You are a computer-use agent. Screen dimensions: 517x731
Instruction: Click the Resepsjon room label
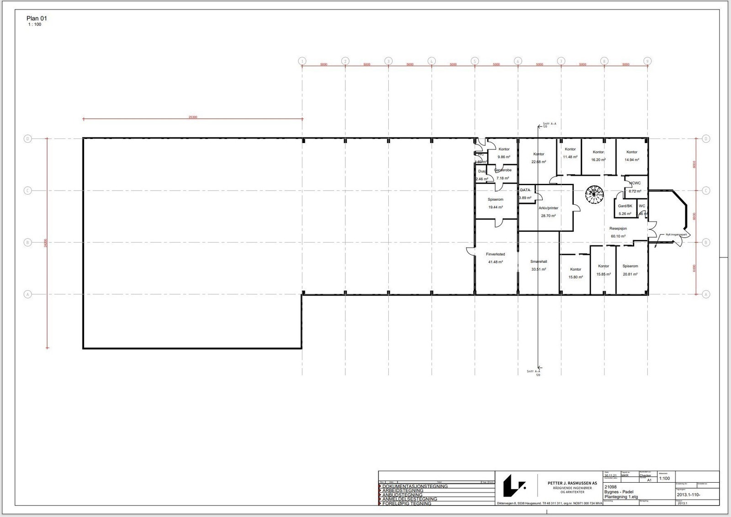pos(618,228)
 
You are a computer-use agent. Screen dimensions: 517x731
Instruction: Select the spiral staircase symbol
pos(595,195)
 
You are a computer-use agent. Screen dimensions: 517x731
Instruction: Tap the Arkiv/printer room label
pos(548,208)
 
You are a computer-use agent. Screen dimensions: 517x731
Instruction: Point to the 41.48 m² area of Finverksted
pos(495,262)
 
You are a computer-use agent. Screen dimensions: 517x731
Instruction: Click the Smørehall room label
pos(539,261)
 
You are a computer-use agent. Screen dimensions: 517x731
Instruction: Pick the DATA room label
pos(525,190)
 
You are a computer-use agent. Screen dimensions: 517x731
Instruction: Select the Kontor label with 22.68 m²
pos(539,154)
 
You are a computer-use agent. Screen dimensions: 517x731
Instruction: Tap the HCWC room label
pos(635,183)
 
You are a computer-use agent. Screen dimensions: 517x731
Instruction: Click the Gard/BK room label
pos(625,206)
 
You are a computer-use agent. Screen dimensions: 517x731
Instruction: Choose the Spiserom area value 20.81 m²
pos(630,274)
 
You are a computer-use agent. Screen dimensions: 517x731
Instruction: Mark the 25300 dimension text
pos(193,117)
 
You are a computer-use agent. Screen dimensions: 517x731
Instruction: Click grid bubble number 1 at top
pos(302,61)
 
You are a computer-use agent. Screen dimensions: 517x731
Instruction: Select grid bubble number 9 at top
pos(647,61)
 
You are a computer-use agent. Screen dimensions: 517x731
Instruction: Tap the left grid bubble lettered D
pos(28,139)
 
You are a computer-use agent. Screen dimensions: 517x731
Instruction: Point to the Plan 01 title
pos(37,18)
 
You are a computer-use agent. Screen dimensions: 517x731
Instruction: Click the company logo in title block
pos(514,485)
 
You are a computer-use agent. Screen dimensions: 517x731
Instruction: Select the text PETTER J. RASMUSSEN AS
pos(572,483)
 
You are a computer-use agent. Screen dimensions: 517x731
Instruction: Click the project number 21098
pos(610,487)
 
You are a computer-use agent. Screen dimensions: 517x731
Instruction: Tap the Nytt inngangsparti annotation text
pos(676,235)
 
